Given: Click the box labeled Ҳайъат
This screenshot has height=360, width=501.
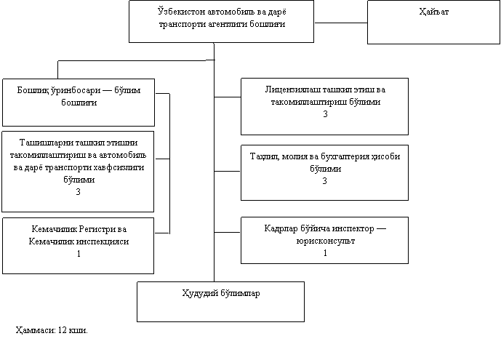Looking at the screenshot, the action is pos(433,22).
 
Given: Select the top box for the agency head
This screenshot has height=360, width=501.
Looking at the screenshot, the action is pos(221,21).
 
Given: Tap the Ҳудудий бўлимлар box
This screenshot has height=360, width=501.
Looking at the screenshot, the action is pos(220,302).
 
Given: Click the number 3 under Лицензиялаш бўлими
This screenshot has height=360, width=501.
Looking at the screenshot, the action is pos(325,114).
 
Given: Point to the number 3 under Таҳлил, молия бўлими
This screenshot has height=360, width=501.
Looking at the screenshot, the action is pos(324,181).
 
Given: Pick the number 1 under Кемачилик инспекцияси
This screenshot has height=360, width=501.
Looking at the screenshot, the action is pos(79,254).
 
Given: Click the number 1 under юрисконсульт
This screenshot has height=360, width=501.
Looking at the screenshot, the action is pos(325,253).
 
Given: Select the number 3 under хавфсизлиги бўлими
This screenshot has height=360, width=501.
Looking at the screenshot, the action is pos(78,192).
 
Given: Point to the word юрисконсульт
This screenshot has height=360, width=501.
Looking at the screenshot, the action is pos(325,241).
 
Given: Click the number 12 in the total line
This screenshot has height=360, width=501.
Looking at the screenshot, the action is pos(63,330).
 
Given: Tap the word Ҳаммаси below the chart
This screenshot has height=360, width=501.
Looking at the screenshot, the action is pos(36,330).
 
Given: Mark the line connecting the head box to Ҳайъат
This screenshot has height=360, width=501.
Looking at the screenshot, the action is pos(340,23).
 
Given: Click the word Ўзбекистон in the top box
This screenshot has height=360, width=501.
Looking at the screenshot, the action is pos(182,12).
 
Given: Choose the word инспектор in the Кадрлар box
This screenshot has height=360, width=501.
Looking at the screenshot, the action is pos(353,228).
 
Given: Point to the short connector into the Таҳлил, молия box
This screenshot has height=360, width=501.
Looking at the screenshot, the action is pos(227,171).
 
